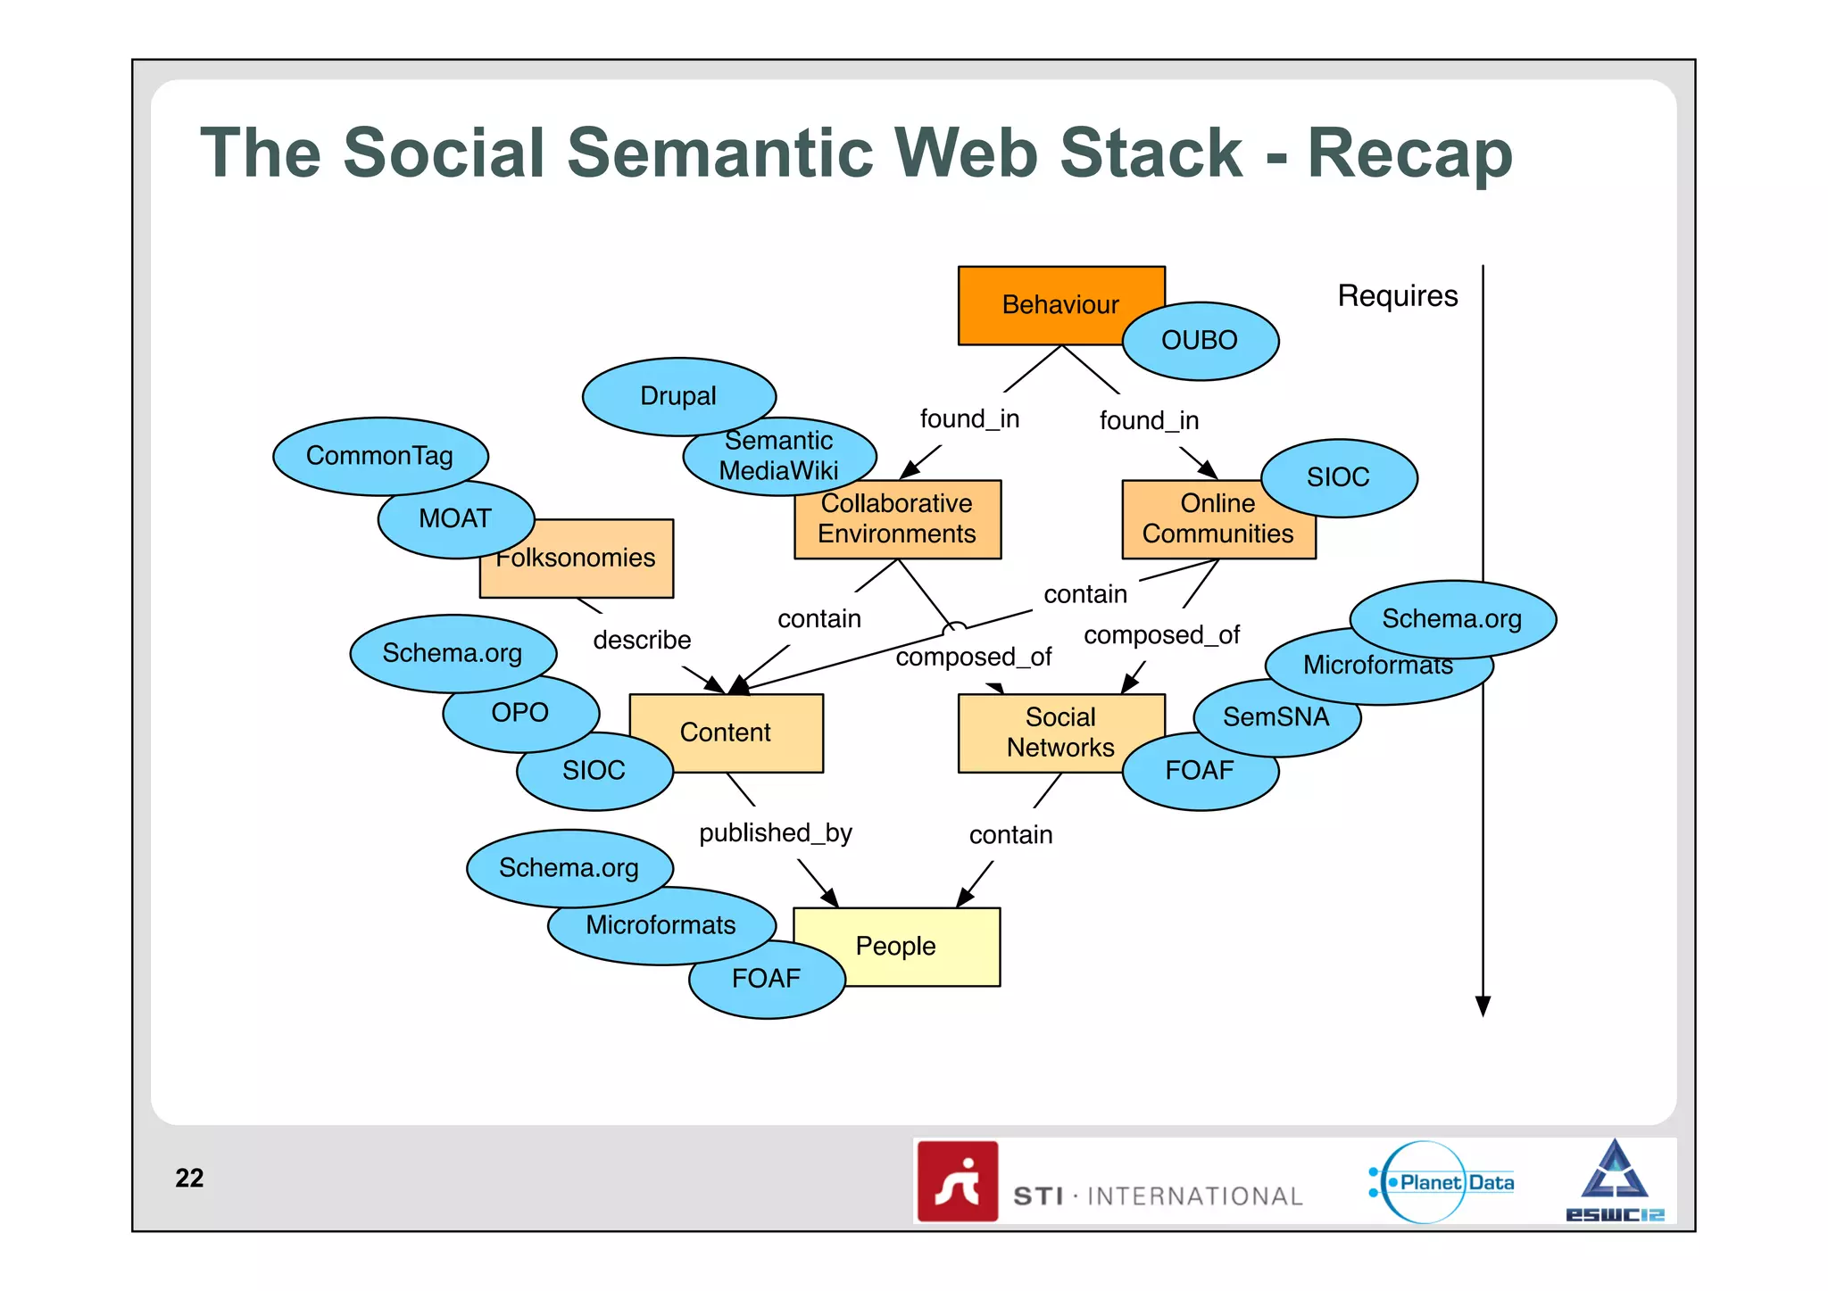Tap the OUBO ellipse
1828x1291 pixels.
click(x=1200, y=341)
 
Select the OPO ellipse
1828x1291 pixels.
click(x=520, y=713)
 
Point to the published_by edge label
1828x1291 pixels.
click(x=776, y=833)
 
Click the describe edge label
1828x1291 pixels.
click(x=642, y=641)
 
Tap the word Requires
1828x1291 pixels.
click(x=1397, y=296)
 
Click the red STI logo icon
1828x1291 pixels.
click(x=958, y=1181)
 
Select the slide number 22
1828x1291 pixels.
click(x=189, y=1179)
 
